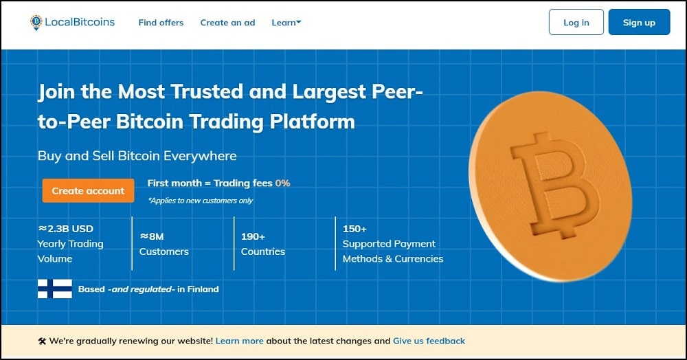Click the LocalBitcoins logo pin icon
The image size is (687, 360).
(36, 23)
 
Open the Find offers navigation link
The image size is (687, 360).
(161, 23)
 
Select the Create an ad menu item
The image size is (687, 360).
(227, 23)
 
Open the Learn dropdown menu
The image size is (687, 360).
(286, 23)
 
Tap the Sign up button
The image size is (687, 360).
(639, 22)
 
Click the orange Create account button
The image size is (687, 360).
(88, 190)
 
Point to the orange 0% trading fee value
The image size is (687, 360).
(282, 183)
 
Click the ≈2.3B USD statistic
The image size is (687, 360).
(66, 229)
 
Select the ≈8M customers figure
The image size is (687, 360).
(152, 236)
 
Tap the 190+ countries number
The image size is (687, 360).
(253, 236)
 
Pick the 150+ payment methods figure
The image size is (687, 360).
(354, 229)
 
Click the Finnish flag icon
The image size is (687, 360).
(55, 289)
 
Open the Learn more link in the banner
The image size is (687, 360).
(239, 341)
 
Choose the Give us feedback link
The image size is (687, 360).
(429, 341)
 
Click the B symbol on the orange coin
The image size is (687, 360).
(555, 185)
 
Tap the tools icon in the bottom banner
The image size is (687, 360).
(42, 341)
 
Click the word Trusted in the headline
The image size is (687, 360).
(206, 91)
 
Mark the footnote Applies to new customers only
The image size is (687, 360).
(201, 201)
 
